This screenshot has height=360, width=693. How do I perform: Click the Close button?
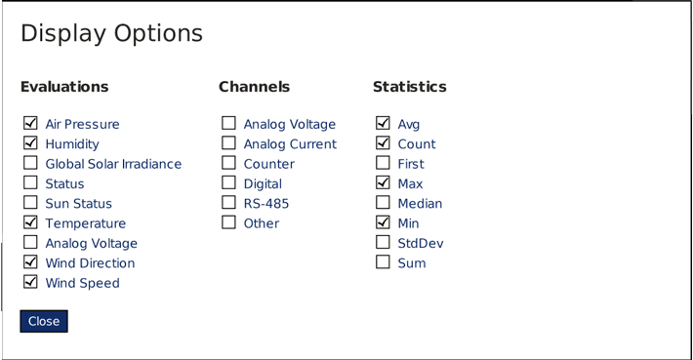click(x=44, y=321)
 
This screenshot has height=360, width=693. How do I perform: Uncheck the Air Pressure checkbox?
click(x=30, y=124)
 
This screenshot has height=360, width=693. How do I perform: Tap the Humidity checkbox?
click(x=30, y=143)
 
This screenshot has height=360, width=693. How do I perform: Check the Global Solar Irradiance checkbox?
click(x=30, y=163)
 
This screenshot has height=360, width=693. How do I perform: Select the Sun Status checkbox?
click(x=30, y=203)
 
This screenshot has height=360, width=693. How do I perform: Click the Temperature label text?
click(x=85, y=223)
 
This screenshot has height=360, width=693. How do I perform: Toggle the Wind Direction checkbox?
click(x=30, y=262)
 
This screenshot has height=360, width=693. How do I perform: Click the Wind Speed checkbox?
click(x=30, y=282)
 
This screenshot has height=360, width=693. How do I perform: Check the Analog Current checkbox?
click(x=228, y=143)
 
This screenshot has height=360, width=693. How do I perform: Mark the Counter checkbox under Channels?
click(x=228, y=163)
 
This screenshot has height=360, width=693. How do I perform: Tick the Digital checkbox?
click(x=228, y=182)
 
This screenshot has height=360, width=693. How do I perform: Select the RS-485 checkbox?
click(x=228, y=203)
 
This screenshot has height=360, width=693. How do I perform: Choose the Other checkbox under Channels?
click(x=228, y=222)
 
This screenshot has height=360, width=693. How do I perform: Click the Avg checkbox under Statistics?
click(x=383, y=124)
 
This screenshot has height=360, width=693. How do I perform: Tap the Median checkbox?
click(x=383, y=203)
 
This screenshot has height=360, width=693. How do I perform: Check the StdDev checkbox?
click(x=383, y=242)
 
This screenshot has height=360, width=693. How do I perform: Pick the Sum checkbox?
click(x=383, y=262)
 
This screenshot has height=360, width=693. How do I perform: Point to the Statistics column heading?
click(x=409, y=87)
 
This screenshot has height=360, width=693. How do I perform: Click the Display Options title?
click(x=111, y=33)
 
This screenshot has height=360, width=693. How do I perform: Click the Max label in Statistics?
click(x=410, y=183)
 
